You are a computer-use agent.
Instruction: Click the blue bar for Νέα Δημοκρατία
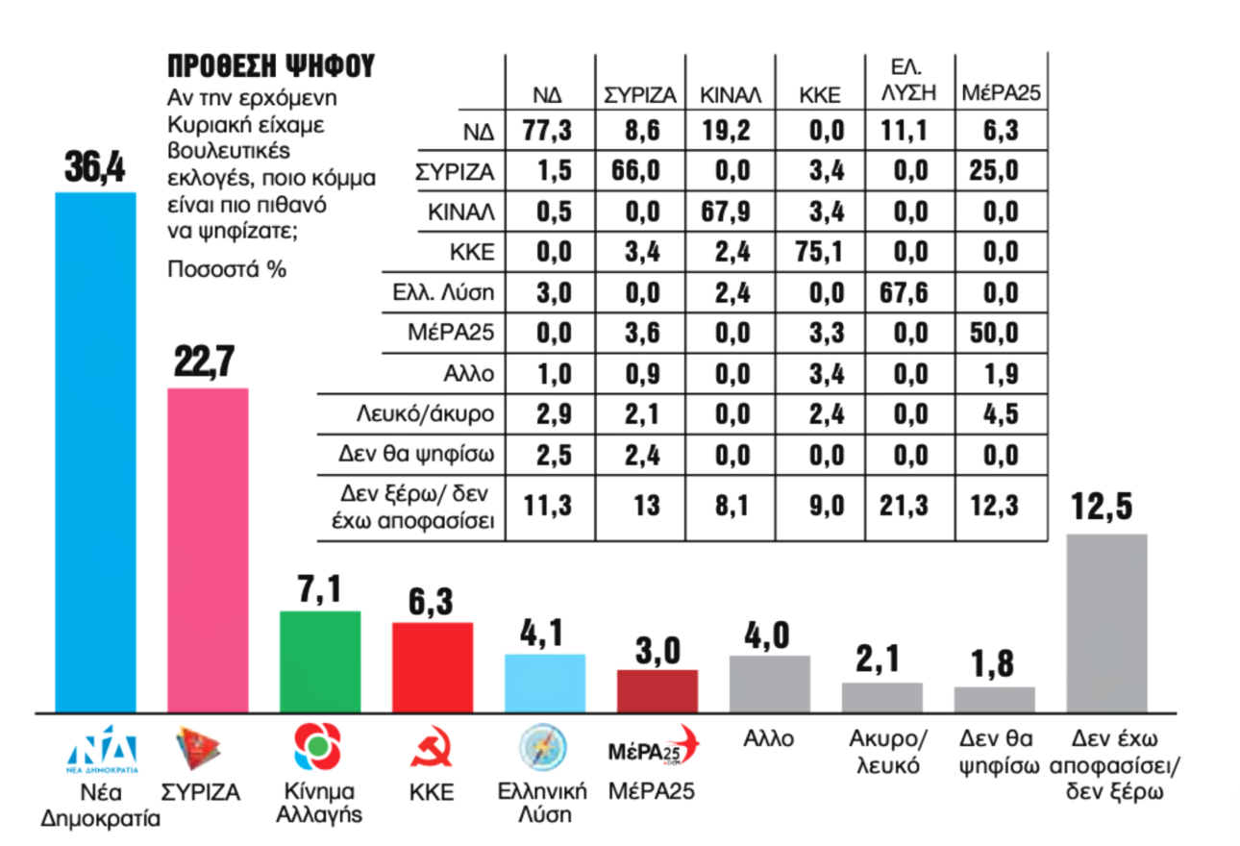(x=95, y=452)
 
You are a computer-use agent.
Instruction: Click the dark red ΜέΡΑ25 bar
(x=657, y=691)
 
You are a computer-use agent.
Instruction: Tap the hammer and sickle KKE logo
(x=432, y=750)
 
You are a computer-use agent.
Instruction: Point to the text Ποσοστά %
(x=227, y=268)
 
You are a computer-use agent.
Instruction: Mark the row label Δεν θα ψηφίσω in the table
(x=431, y=456)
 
